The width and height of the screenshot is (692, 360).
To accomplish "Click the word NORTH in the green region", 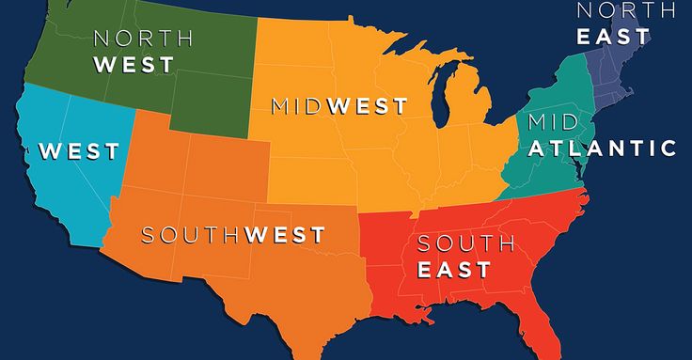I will (144, 39).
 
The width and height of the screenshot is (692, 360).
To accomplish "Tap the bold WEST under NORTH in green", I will (134, 65).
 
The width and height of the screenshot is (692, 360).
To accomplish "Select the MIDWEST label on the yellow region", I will (338, 105).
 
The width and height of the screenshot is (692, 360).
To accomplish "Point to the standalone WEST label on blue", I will (79, 150).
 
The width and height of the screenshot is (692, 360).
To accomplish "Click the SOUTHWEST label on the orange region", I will (232, 234).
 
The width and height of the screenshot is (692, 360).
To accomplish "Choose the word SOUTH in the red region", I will (465, 243).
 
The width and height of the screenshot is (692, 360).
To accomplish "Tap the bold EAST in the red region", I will (454, 270).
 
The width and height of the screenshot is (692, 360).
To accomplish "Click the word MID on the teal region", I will (553, 122).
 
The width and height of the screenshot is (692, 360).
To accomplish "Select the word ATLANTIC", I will (603, 148).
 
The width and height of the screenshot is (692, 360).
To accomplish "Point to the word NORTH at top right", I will (625, 10).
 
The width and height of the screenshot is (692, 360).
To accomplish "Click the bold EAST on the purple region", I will (613, 36).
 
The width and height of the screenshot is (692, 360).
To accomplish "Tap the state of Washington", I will (71, 33).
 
